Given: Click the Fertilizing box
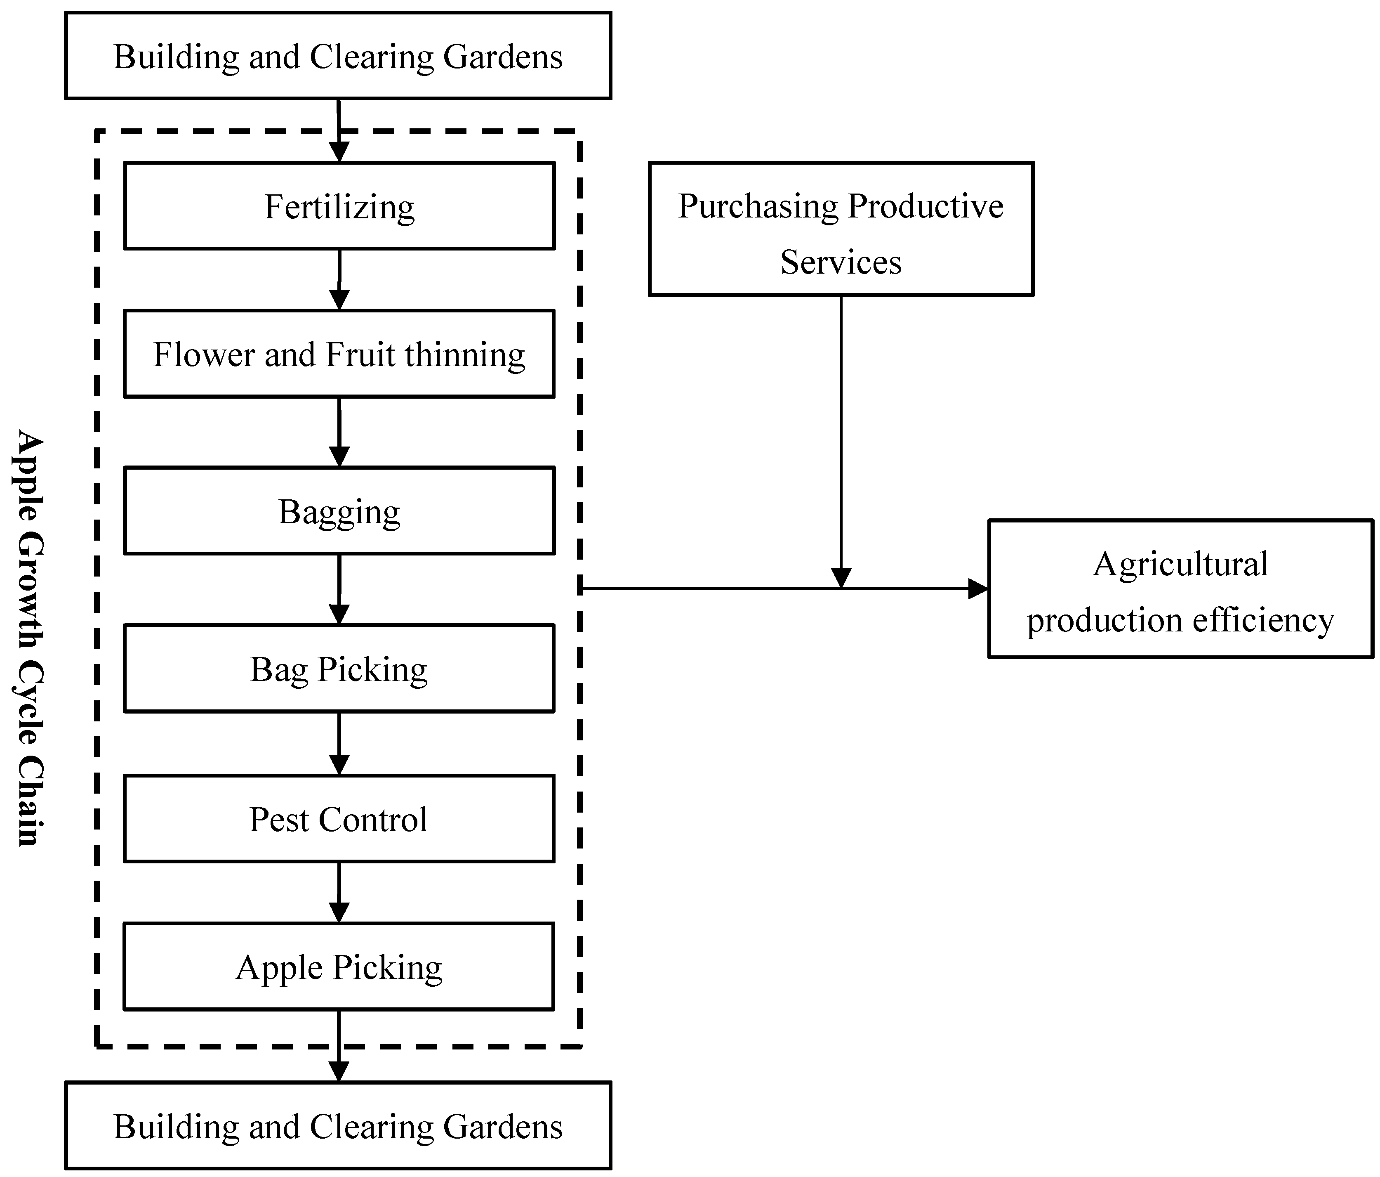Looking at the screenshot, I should tap(339, 206).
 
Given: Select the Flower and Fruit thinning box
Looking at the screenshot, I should tap(339, 354).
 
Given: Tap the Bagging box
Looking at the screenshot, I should tap(339, 511).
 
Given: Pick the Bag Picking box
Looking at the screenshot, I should tap(339, 669).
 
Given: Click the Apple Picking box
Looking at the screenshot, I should tap(339, 967).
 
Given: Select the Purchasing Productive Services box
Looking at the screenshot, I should tap(841, 229).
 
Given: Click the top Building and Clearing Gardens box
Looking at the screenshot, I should tap(338, 56).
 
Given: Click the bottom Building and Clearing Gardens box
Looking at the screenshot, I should tap(338, 1126).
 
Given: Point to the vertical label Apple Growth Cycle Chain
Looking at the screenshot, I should tap(28, 638).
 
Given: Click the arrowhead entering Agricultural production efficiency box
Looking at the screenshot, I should tap(978, 588).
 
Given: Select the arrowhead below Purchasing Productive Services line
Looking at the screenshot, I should tap(841, 577).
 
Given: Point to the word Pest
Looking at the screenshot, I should tap(278, 820).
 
